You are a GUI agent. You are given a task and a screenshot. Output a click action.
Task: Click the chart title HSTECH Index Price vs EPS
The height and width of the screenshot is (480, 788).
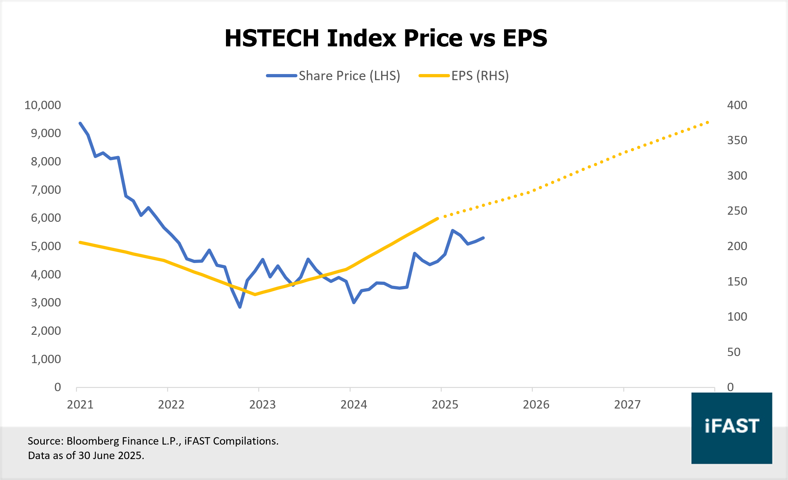[386, 38]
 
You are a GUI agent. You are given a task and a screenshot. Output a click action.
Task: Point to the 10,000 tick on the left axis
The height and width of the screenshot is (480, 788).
[42, 105]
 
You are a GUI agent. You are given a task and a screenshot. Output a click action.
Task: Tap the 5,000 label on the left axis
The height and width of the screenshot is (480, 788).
[46, 246]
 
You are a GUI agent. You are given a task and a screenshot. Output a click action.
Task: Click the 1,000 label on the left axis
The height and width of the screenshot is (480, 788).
[46, 359]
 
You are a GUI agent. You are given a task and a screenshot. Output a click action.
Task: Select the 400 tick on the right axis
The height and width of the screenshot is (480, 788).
[737, 105]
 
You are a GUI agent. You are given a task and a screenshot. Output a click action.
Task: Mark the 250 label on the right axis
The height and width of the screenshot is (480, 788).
[737, 211]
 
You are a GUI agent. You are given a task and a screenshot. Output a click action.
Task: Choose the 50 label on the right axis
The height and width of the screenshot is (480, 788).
[734, 352]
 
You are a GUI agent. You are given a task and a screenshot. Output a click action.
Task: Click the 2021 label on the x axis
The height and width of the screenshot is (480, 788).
[80, 405]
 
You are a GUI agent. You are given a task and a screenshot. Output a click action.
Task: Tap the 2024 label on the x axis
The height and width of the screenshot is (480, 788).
[353, 405]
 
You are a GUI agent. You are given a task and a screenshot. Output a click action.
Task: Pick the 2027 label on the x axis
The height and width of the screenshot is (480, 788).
[627, 405]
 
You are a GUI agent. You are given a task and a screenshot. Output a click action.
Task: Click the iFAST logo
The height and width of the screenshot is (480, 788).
[731, 428]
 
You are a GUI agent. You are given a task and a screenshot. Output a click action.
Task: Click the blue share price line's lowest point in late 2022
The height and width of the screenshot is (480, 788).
[240, 307]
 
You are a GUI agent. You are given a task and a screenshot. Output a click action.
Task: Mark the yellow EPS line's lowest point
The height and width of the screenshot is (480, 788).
[255, 294]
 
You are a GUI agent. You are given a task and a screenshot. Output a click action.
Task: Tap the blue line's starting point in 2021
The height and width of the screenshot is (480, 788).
[80, 123]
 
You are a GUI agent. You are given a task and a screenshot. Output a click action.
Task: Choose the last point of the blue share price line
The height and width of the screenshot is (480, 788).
[483, 238]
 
